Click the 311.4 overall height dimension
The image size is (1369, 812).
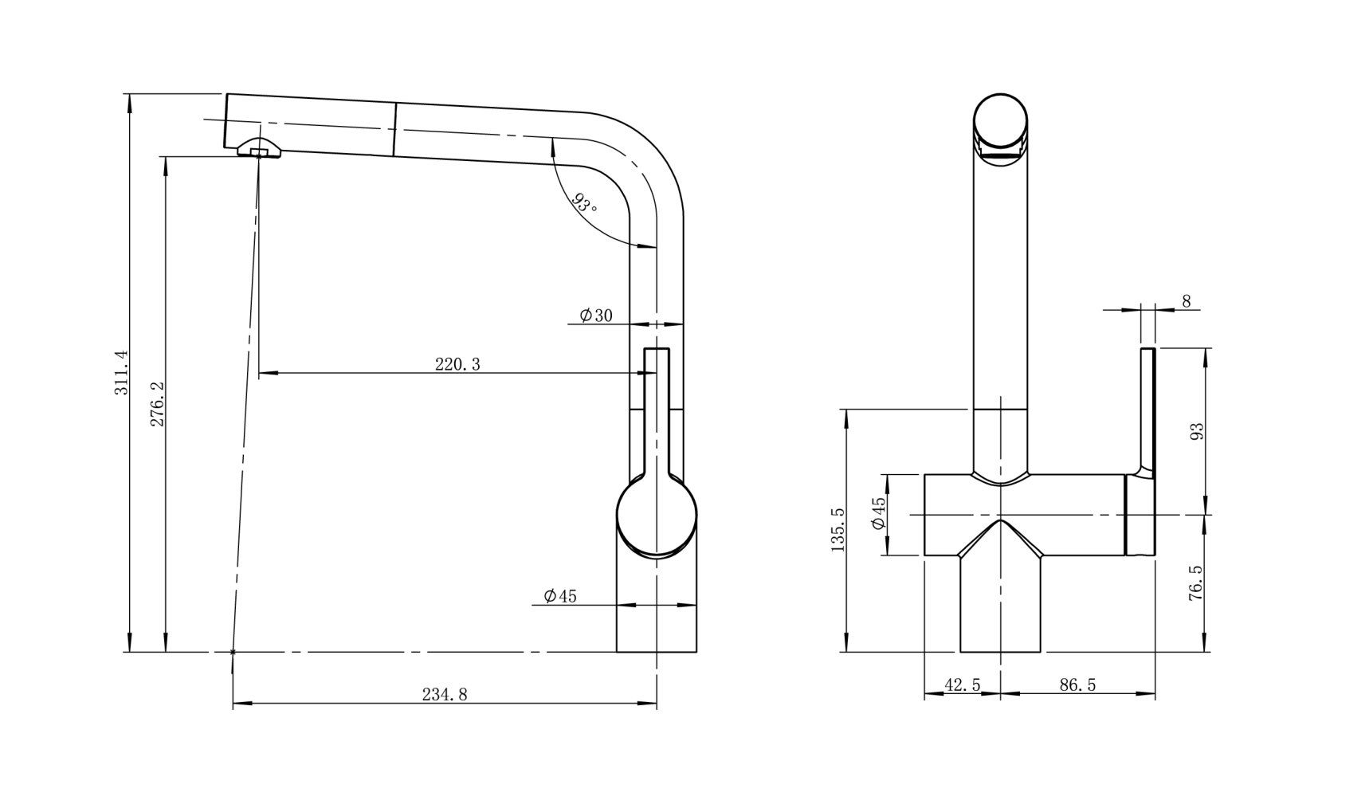120,373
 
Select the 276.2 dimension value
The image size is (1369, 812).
157,403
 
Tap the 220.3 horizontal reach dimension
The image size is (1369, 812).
457,364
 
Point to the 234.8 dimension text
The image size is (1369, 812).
444,694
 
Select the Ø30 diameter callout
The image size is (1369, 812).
596,316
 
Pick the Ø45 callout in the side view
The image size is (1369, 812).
559,596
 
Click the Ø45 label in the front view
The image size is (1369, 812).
878,514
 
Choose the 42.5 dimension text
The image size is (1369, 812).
962,685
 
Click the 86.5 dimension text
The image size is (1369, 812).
1077,685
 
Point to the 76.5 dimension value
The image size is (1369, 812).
1195,583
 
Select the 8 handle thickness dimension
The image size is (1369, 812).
1186,301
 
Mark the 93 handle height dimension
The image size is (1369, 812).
1195,431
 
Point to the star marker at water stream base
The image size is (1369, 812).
233,652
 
